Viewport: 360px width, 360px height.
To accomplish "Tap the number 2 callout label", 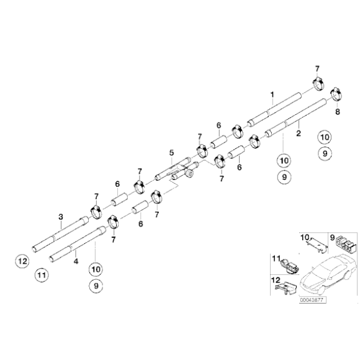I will point(299,133).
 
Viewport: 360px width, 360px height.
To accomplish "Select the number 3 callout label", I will point(60,217).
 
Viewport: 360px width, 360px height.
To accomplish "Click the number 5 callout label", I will point(171,153).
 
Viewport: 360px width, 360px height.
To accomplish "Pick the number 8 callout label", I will point(338,112).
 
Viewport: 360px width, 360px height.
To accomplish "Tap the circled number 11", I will point(41,274).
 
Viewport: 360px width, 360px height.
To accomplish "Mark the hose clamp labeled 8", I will point(336,94).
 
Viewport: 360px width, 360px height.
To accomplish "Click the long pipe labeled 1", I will point(273,110).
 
